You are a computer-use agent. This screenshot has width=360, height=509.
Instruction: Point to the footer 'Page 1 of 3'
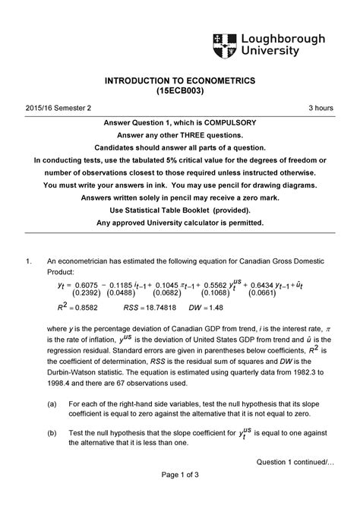coord(179,495)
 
